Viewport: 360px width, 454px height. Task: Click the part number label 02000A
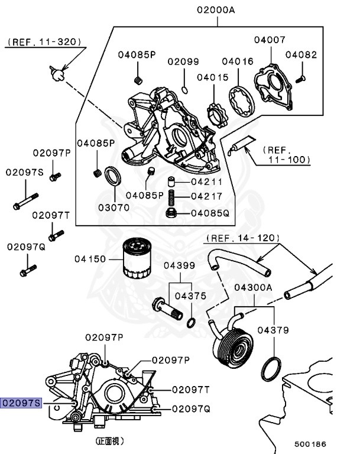217,9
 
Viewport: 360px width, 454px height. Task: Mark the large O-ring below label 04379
271,370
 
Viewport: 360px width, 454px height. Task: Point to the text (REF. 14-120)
242,238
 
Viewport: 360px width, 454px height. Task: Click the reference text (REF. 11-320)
44,42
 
